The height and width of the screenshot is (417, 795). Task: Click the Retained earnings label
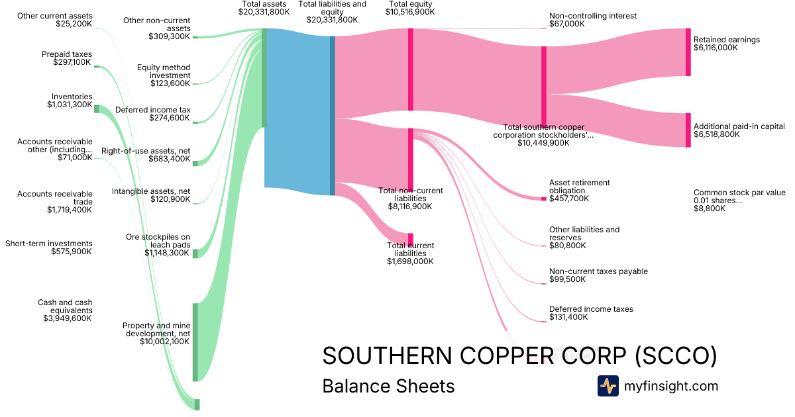click(726, 40)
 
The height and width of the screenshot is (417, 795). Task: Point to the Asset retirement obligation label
click(580, 187)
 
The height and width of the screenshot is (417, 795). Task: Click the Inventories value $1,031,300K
click(70, 105)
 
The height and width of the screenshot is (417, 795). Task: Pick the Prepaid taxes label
click(67, 54)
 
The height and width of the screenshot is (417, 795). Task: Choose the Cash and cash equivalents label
click(65, 306)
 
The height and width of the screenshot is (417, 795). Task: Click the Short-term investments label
click(49, 244)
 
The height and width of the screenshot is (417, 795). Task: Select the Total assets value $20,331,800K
click(264, 12)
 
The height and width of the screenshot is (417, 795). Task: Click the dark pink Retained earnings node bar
click(688, 52)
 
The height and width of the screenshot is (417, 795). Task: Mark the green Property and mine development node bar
click(195, 342)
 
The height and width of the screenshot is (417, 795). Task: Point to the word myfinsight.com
click(671, 386)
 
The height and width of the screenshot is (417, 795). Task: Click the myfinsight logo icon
click(608, 386)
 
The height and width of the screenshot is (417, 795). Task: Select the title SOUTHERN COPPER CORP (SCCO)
click(519, 356)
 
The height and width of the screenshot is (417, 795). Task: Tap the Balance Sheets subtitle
click(388, 387)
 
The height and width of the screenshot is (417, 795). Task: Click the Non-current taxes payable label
click(598, 271)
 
